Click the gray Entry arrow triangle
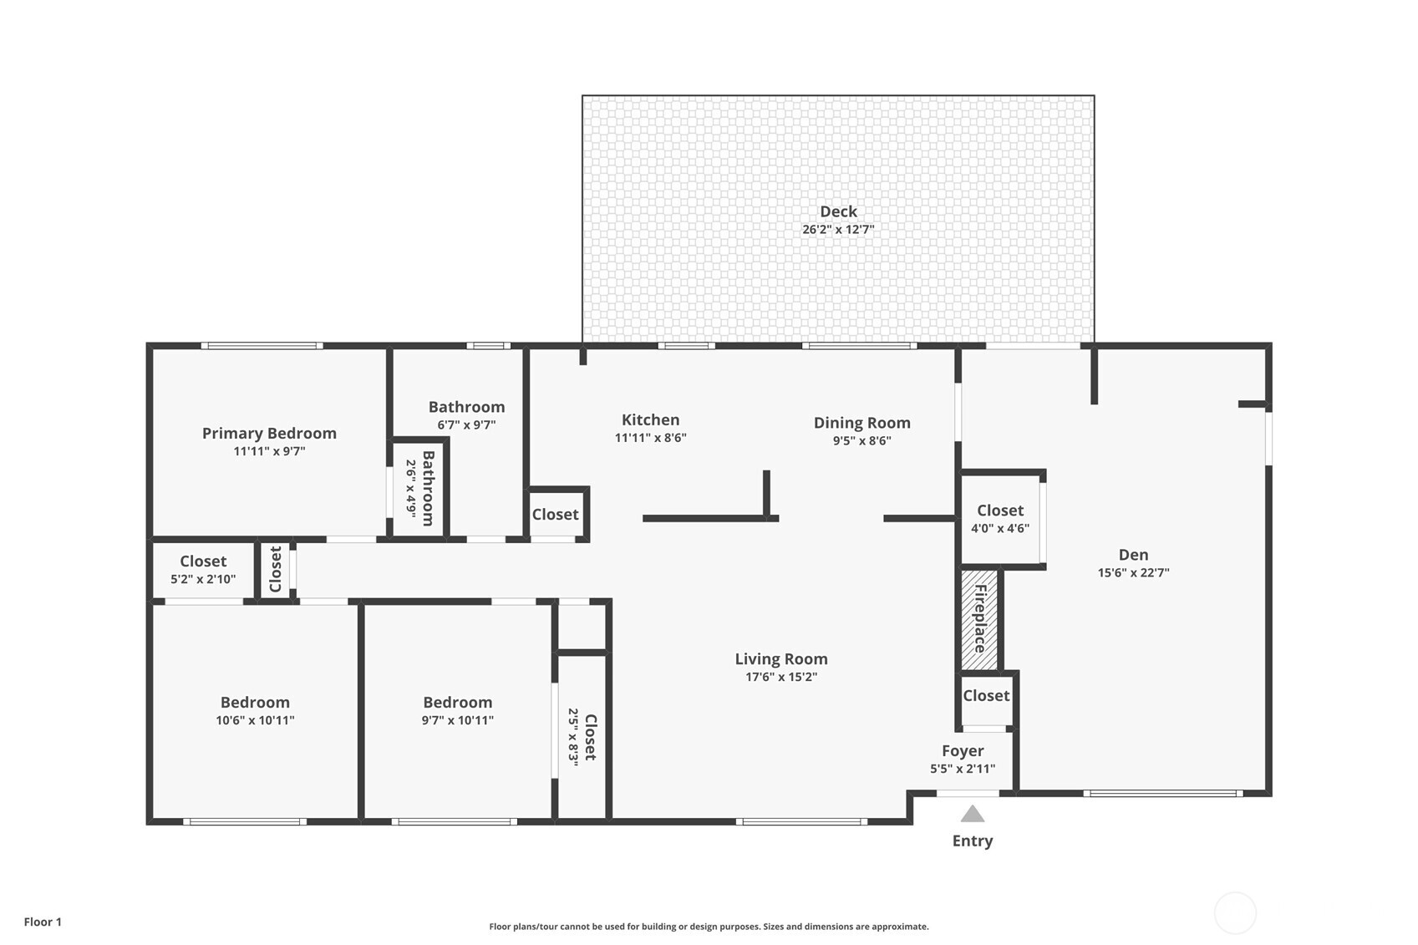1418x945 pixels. click(972, 814)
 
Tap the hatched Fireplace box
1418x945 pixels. click(979, 619)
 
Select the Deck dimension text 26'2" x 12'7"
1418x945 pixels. click(838, 230)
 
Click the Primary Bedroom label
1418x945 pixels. click(269, 433)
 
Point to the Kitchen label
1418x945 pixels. click(650, 420)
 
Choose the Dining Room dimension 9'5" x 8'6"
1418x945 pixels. click(861, 441)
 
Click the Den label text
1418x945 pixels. click(1133, 555)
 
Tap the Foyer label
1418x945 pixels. click(963, 751)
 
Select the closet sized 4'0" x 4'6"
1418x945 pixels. click(1000, 519)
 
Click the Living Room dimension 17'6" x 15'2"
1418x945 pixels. click(780, 678)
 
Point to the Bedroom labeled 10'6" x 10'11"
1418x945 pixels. click(255, 710)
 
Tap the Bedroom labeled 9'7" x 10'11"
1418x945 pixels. click(457, 710)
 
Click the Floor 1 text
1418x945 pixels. click(43, 922)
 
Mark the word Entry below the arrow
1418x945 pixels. click(973, 841)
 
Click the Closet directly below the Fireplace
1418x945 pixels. click(986, 696)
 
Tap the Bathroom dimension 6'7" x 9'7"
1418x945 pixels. click(466, 425)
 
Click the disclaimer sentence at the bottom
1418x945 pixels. click(709, 927)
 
